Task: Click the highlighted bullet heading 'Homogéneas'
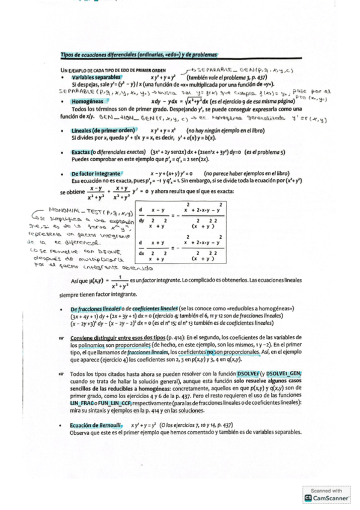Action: pos(88,102)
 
